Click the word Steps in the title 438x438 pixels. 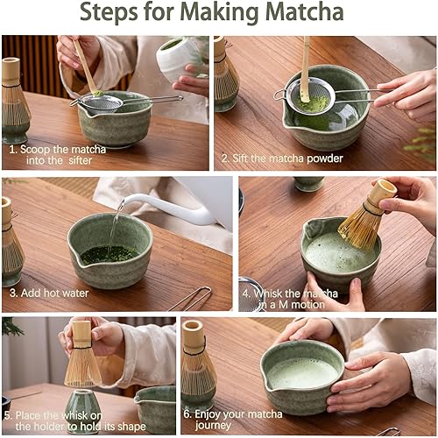(x=109, y=14)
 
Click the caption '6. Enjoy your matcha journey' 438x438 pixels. (x=233, y=420)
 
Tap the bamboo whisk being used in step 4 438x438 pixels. (x=366, y=216)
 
